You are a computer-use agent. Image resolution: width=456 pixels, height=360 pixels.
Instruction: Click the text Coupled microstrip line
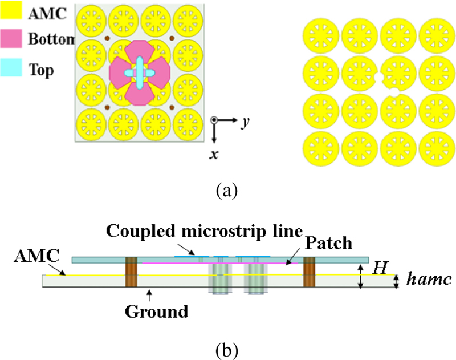coord(203,232)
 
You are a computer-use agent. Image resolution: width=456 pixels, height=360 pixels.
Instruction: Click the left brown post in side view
coord(131,272)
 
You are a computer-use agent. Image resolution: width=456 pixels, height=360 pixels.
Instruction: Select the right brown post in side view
coord(310,272)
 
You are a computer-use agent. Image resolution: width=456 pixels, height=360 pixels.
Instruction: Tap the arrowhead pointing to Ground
coord(149,292)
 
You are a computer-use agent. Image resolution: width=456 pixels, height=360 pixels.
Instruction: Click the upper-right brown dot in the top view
coord(172,39)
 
